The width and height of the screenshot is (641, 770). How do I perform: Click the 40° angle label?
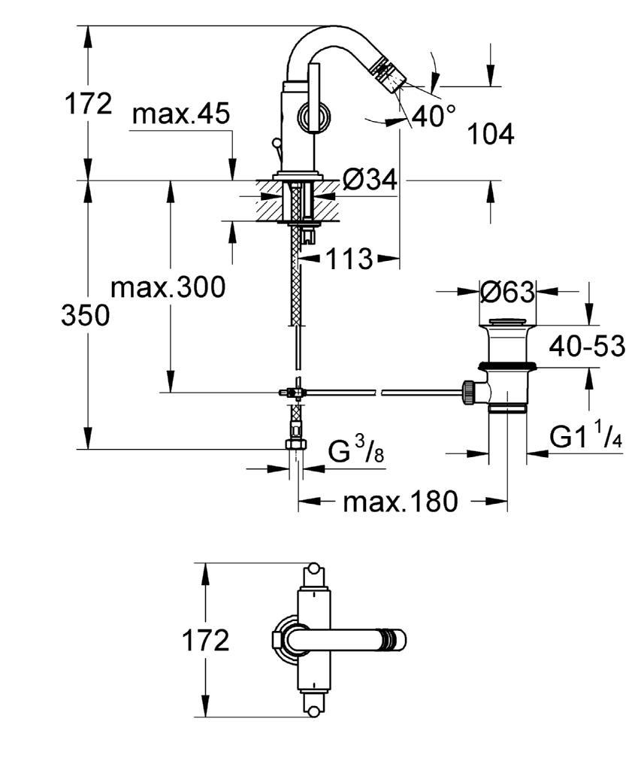click(434, 116)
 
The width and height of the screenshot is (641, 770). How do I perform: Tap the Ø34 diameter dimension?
click(370, 180)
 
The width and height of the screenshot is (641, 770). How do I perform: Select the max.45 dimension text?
click(181, 114)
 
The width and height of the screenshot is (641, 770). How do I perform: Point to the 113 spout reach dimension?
click(349, 259)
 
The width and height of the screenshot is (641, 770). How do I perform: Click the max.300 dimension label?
click(168, 286)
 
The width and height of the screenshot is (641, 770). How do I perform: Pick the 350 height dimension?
click(86, 315)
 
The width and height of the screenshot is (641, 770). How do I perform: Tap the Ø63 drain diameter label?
click(507, 293)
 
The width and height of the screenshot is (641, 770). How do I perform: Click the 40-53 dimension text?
click(587, 346)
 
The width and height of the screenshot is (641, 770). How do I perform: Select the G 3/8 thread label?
click(356, 451)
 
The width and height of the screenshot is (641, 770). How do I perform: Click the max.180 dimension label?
click(401, 502)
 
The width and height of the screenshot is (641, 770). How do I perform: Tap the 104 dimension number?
click(490, 134)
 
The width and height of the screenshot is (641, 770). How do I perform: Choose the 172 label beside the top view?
click(206, 641)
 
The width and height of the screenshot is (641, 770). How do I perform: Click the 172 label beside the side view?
click(89, 104)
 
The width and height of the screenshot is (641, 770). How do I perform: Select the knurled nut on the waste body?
click(469, 393)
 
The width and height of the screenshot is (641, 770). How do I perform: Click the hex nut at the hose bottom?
click(295, 444)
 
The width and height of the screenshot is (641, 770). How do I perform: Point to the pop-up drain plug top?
click(507, 322)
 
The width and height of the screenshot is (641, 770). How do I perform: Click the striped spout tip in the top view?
click(395, 641)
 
